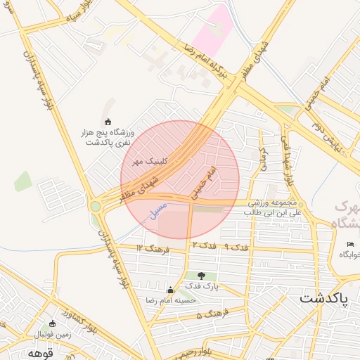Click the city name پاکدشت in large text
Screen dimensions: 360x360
point(324,298)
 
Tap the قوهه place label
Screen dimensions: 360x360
point(41,352)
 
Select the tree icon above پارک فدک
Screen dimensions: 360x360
point(202,276)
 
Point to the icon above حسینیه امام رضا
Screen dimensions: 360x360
point(169,290)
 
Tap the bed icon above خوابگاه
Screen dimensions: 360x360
point(350,244)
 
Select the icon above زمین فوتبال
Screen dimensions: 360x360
point(52,323)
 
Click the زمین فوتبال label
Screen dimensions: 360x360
point(51,334)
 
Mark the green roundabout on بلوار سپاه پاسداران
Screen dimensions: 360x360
point(95,206)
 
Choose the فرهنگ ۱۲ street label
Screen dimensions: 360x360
point(149,248)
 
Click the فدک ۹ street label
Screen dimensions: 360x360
point(236,247)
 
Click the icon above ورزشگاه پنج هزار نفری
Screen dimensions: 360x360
point(108,122)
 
